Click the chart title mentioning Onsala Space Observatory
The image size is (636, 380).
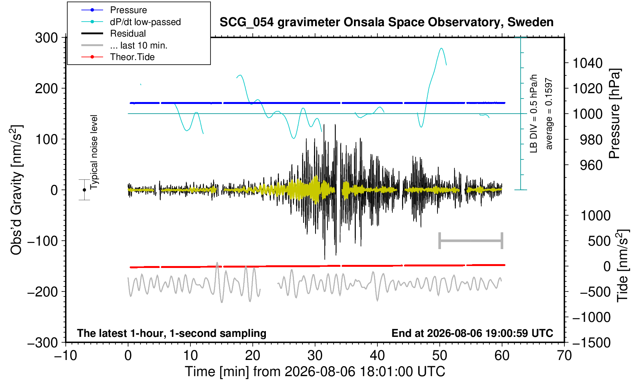(386, 22)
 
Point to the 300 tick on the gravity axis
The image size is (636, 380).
(47, 38)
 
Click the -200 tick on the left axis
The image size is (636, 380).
(43, 291)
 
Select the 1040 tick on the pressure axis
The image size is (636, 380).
(588, 63)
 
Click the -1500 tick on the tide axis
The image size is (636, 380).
(591, 343)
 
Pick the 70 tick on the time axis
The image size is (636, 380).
(564, 356)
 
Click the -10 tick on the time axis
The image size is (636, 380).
(65, 356)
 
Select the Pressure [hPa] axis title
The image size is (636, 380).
(615, 114)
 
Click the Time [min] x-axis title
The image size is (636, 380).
(315, 372)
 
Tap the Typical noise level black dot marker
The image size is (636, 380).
(84, 190)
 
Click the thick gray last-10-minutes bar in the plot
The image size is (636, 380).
(471, 241)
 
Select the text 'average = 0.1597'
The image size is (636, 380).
(549, 114)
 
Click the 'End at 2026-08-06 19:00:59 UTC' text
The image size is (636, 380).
(472, 333)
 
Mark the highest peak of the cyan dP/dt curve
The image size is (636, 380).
(441, 48)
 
